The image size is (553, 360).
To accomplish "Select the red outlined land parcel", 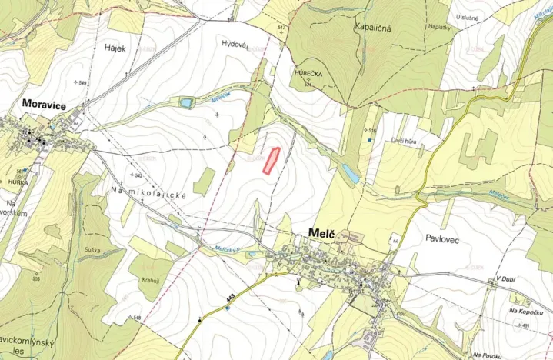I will (270, 159).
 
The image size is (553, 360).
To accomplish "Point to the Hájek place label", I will (115, 47).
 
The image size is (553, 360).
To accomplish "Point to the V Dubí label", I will (508, 278).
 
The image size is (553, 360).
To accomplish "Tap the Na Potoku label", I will (492, 355).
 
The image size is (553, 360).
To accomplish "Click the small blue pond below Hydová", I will (186, 102).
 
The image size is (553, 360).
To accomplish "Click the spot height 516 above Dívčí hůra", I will (371, 130).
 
